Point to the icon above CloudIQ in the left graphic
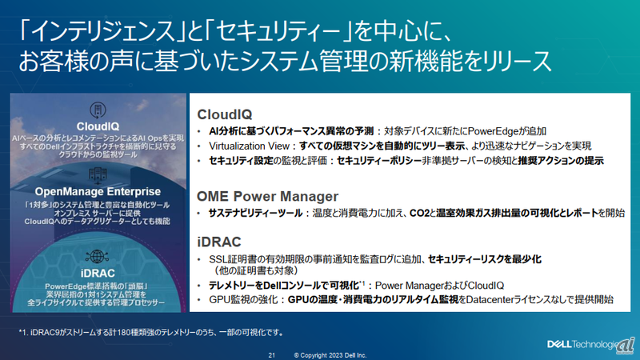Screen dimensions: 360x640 pyautogui.click(x=98, y=110)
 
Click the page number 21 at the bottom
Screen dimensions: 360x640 pyautogui.click(x=272, y=353)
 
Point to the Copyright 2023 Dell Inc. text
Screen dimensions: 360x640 pyautogui.click(x=330, y=353)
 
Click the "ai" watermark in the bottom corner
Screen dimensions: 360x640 pyautogui.click(x=626, y=343)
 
